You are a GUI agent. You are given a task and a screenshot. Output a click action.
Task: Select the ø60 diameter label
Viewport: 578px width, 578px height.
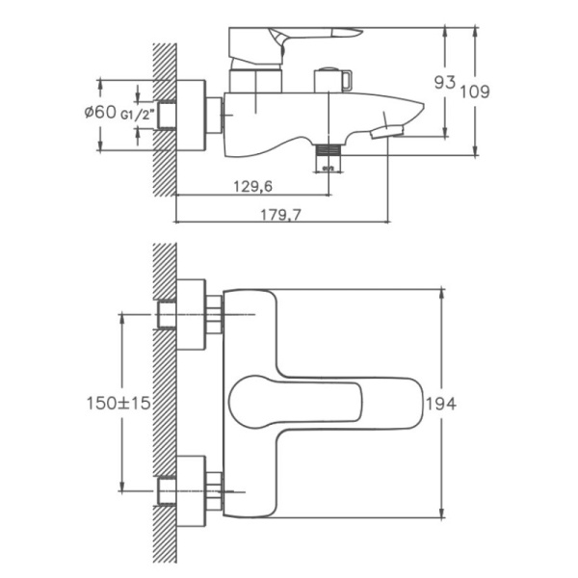click(100, 113)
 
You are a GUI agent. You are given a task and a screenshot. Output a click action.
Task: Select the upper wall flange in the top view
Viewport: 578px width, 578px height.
click(193, 317)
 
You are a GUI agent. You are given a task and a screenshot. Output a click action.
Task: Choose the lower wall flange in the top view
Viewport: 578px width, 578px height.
click(193, 486)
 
